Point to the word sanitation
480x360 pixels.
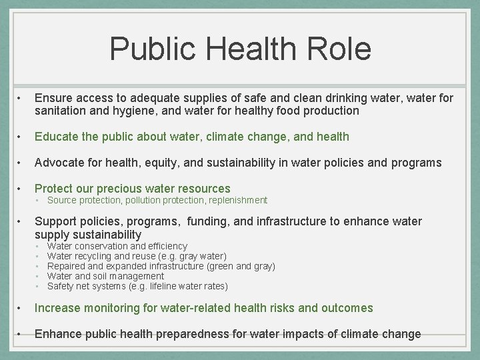[x=61, y=111]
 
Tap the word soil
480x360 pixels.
[x=104, y=276]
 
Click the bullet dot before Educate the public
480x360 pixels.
[x=22, y=137]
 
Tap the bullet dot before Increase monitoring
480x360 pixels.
[x=22, y=308]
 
